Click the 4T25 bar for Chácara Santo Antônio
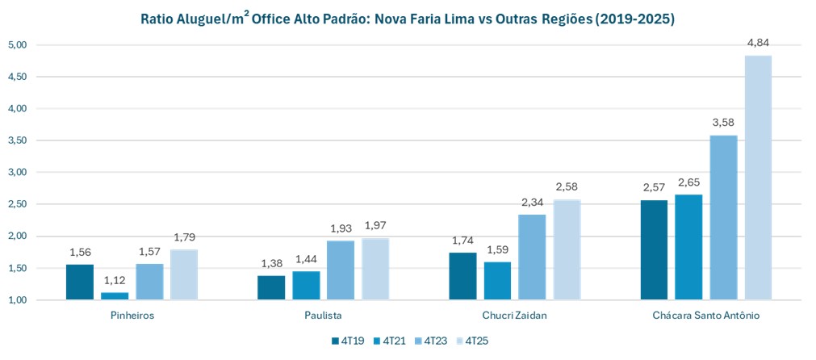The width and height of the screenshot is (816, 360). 758,178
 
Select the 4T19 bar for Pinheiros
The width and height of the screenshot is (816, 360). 80,282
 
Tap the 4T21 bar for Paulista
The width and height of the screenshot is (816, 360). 306,286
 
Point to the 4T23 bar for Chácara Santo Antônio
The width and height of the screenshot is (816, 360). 723,218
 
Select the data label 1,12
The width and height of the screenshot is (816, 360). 115,280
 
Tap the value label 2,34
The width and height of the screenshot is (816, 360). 532,203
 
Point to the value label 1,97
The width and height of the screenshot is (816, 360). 375,226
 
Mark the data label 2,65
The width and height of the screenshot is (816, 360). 688,182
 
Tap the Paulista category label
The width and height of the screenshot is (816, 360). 324,316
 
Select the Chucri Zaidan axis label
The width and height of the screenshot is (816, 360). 515,316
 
